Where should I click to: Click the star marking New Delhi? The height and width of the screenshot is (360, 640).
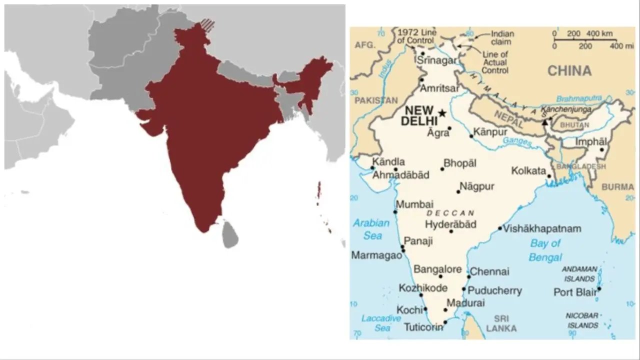tap(442, 113)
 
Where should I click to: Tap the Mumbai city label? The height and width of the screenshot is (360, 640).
tap(414, 204)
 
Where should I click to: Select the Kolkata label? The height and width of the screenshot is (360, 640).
tap(528, 171)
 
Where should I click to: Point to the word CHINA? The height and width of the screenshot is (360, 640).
tap(569, 70)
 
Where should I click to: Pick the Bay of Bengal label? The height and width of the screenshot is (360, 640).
tap(545, 250)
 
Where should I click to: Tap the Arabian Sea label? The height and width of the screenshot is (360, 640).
tap(371, 229)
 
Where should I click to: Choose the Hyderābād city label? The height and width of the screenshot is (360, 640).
tap(450, 224)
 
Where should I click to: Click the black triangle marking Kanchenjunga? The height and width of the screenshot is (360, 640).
tap(545, 121)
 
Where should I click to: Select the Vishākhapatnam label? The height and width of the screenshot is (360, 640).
tap(542, 228)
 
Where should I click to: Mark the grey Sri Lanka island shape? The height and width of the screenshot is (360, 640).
tap(230, 234)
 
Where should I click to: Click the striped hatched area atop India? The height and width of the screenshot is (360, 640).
tap(206, 25)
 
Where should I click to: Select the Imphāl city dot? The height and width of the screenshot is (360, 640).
tap(602, 149)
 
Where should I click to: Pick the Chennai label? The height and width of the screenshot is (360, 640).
tap(489, 271)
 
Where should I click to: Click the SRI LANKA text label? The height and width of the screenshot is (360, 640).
tap(501, 323)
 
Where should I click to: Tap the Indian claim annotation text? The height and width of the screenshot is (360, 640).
tap(502, 38)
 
